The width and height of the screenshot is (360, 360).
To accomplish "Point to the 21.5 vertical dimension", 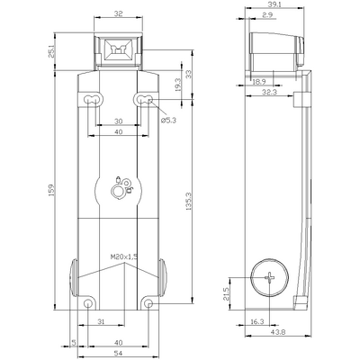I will tap(227, 294).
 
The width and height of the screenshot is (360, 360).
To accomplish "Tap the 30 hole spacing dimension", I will tap(117, 121).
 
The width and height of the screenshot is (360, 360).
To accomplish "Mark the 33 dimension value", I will tap(187, 74).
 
